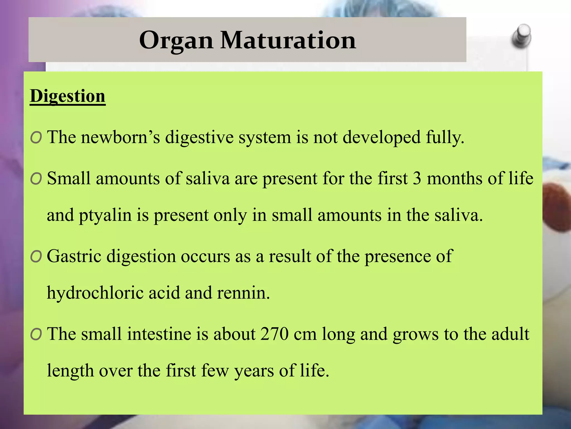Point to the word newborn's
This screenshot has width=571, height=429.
pos(120,137)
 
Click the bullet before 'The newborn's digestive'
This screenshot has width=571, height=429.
pos(36,138)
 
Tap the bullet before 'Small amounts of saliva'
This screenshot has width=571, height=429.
pos(36,179)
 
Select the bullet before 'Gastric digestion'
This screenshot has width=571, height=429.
pos(36,257)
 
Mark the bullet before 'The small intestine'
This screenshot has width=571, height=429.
pos(36,334)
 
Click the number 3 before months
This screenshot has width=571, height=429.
pos(417,178)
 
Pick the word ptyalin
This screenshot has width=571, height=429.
pos(105,216)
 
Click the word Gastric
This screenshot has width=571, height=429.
pos(74,256)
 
